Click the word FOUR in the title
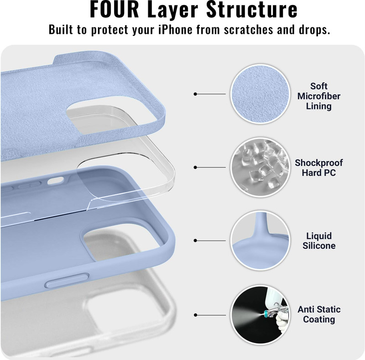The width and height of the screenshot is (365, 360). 115,9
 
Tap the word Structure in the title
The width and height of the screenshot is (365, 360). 252,9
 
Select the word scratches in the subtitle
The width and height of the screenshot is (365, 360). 249,30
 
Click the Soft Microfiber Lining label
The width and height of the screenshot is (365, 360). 318,96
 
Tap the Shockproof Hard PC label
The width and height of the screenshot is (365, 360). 318,167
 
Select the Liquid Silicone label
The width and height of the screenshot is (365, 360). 319,241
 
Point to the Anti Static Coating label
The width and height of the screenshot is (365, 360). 319,314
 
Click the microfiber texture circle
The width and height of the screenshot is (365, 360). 260,94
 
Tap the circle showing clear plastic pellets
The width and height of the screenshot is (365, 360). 260,167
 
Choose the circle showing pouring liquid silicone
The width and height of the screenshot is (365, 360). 260,240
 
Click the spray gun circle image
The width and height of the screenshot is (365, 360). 260,315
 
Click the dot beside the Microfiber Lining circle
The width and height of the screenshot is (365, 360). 195,94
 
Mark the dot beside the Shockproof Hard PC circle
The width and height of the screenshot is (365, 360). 195,167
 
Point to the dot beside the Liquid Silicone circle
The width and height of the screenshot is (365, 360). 195,240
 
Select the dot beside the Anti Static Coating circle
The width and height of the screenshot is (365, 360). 195,315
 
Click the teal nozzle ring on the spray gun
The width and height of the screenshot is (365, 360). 266,313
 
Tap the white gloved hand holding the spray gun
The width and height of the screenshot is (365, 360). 282,321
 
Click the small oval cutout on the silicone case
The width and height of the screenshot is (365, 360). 55,181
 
